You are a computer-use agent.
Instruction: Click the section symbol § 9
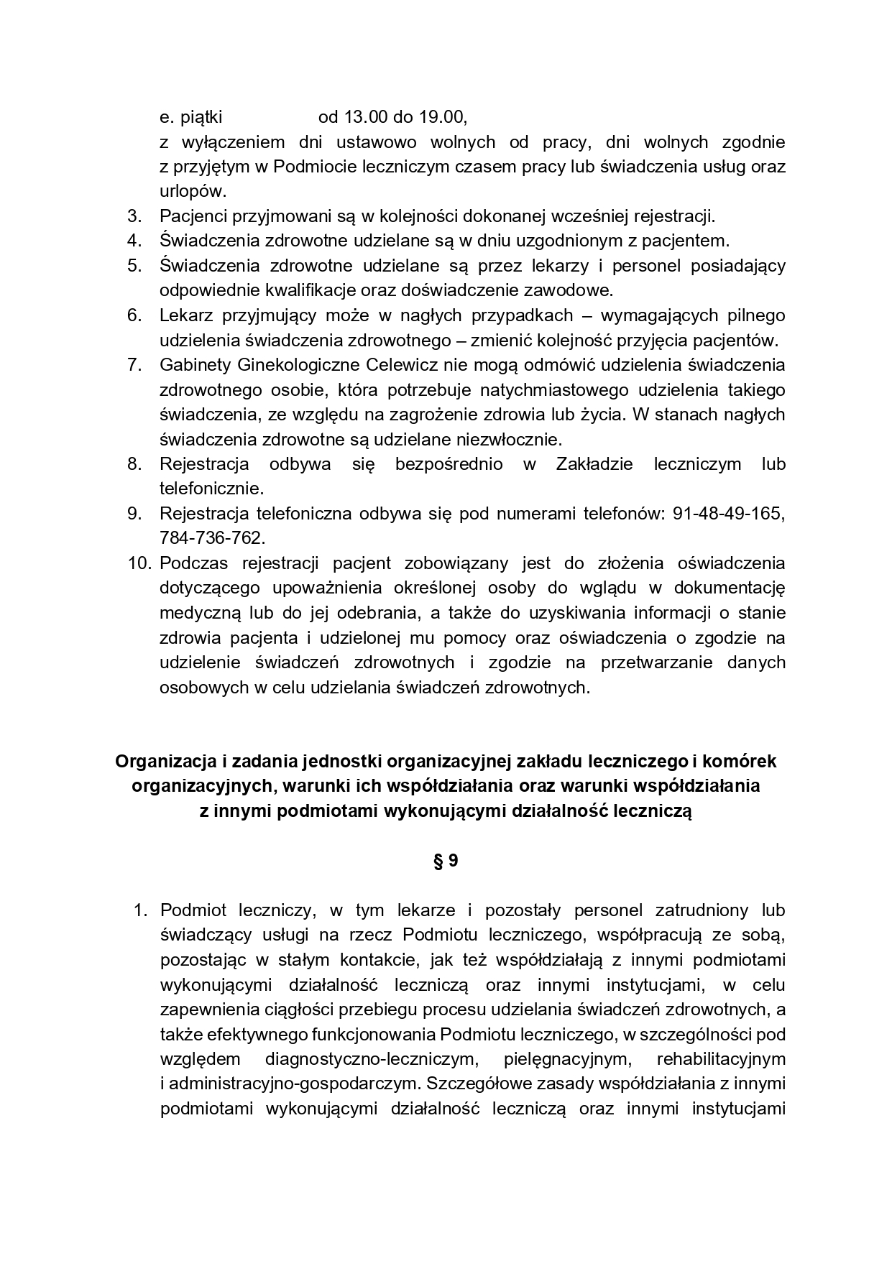pos(446,860)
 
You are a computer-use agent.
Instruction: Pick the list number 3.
pos(134,216)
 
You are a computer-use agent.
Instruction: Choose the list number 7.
pos(134,365)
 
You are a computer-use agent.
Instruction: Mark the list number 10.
pos(141,563)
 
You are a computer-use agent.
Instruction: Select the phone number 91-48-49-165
pos(729,514)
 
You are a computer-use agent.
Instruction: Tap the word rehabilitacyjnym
pos(721,1059)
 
